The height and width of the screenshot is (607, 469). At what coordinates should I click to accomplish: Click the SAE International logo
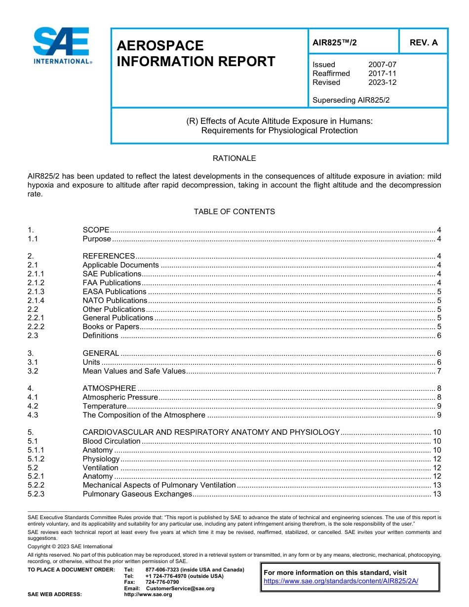point(62,46)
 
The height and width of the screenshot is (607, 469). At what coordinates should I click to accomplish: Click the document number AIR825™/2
point(334,42)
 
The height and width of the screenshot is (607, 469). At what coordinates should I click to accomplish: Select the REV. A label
point(423,42)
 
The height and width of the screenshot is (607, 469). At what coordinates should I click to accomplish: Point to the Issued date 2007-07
point(382,65)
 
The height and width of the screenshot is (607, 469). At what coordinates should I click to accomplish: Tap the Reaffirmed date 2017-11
point(382,74)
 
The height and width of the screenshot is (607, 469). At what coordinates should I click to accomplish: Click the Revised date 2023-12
point(382,82)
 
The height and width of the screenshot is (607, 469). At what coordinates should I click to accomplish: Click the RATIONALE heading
point(234,158)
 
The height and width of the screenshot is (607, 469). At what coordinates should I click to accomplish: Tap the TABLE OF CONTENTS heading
point(234,212)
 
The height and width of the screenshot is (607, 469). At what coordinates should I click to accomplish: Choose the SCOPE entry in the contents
point(96,230)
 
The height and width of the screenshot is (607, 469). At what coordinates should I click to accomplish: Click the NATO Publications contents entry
point(115,301)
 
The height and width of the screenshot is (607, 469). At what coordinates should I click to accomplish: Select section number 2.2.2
point(36,327)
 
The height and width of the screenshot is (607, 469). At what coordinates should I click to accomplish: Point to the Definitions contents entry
point(100,336)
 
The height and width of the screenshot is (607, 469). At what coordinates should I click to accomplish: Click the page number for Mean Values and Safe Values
point(439,371)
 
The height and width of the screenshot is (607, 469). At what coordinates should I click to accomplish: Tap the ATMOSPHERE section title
point(109,388)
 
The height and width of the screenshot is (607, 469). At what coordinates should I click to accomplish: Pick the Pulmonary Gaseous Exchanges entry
point(137,494)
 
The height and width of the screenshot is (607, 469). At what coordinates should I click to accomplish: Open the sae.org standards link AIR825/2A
point(341,581)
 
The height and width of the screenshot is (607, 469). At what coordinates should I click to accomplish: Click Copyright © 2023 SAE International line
point(70,547)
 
